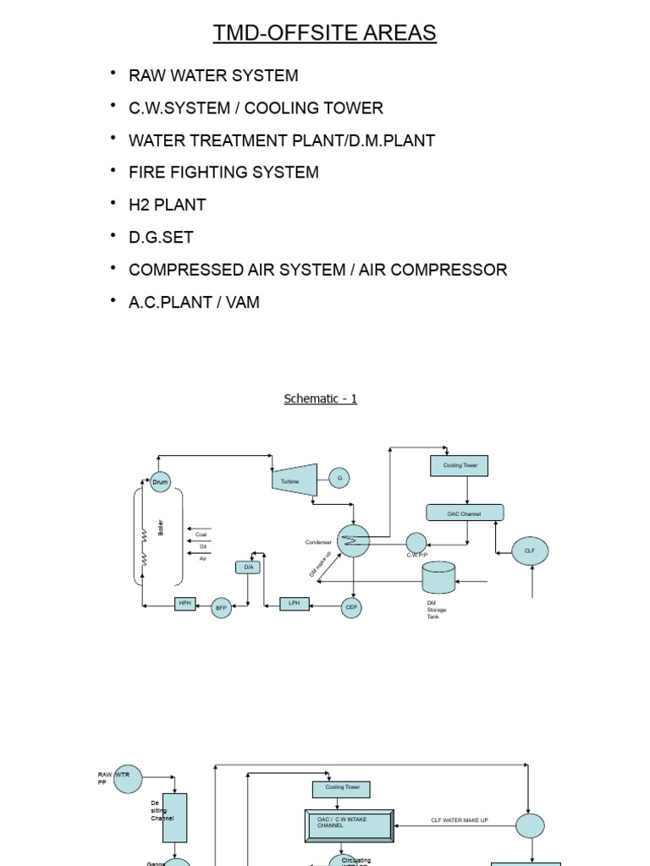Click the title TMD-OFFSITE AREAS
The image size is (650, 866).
325,33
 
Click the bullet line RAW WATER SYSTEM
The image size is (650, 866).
213,75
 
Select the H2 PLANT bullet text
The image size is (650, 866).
167,205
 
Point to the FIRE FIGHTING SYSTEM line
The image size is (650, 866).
223,173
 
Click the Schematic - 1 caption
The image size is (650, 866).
320,398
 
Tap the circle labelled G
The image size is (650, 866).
339,479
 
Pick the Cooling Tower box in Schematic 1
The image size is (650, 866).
460,465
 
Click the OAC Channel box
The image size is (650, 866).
464,512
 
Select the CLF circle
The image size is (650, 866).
530,551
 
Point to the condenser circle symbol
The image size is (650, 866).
353,540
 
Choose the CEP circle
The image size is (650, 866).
352,606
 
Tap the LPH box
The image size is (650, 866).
295,604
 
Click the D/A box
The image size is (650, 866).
249,567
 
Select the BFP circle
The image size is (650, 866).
221,606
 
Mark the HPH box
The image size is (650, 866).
185,604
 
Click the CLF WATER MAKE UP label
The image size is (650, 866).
460,820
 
